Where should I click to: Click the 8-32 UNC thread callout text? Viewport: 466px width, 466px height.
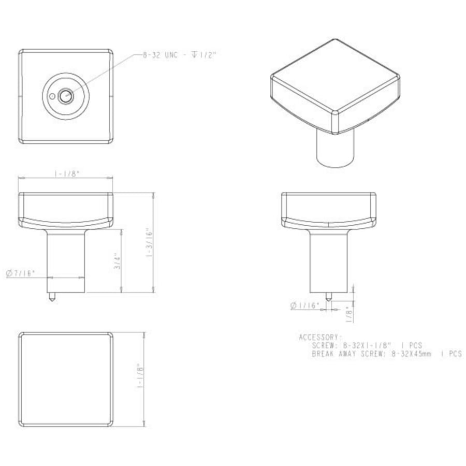pyautogui.click(x=179, y=55)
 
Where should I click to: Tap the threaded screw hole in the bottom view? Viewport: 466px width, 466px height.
pyautogui.click(x=66, y=96)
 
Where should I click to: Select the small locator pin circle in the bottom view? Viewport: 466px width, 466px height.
pyautogui.click(x=52, y=97)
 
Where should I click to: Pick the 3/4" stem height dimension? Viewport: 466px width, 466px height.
pyautogui.click(x=118, y=261)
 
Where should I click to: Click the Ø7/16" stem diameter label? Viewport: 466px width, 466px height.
pyautogui.click(x=21, y=273)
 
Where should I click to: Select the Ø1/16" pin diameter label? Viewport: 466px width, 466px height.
pyautogui.click(x=304, y=305)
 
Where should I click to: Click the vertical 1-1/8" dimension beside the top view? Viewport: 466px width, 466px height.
pyautogui.click(x=140, y=380)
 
